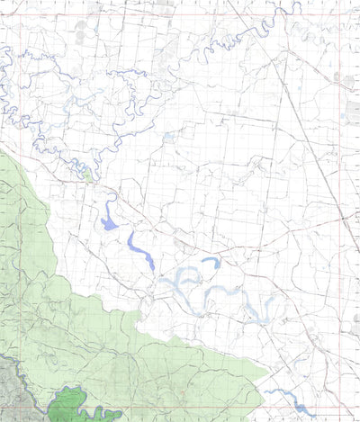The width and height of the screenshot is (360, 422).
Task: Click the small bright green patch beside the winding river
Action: click(87, 177)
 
